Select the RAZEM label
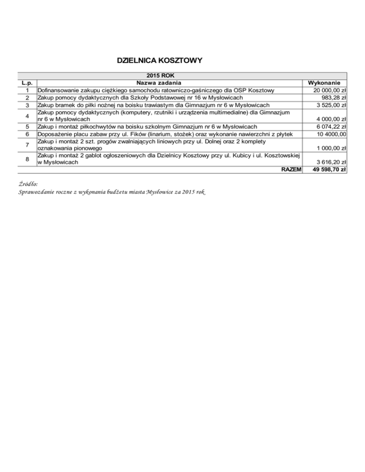291,170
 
